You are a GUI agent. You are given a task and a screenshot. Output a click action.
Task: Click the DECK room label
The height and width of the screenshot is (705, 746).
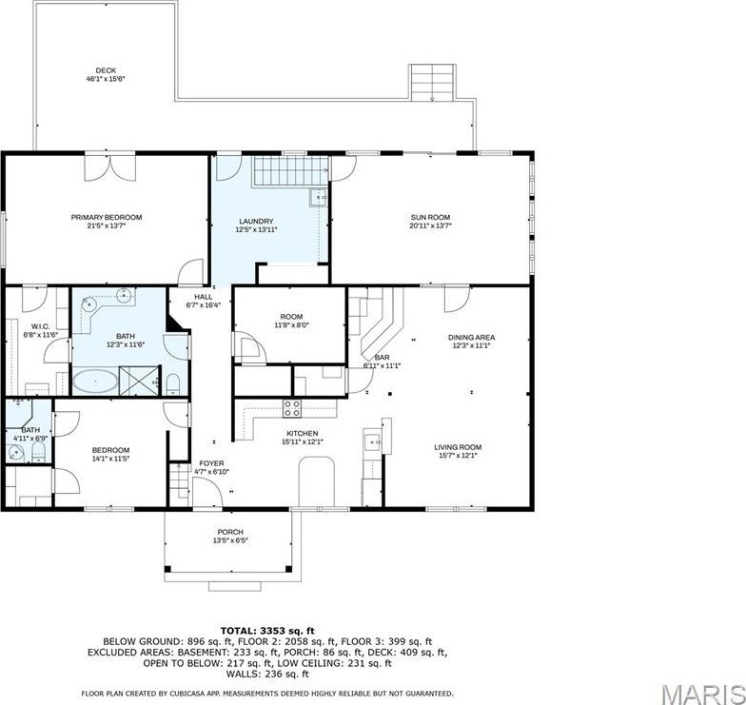pyautogui.click(x=106, y=69)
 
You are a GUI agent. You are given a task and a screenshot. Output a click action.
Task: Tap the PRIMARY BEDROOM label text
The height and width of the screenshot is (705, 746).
pyautogui.click(x=106, y=218)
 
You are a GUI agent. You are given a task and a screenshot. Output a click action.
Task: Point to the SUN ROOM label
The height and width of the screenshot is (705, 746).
pyautogui.click(x=429, y=218)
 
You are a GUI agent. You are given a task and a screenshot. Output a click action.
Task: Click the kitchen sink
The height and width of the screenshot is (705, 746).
pyautogui.click(x=373, y=440)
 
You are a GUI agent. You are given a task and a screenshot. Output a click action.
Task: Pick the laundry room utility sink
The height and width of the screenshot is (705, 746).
pyautogui.click(x=319, y=198)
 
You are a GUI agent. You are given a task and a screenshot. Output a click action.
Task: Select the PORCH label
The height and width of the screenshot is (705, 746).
pyautogui.click(x=229, y=532)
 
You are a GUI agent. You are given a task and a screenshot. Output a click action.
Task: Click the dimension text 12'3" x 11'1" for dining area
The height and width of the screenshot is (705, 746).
pyautogui.click(x=472, y=345)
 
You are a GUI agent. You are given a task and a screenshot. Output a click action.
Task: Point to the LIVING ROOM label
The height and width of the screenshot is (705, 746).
pyautogui.click(x=459, y=446)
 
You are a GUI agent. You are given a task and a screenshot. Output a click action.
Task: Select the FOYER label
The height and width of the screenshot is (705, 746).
pyautogui.click(x=211, y=463)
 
